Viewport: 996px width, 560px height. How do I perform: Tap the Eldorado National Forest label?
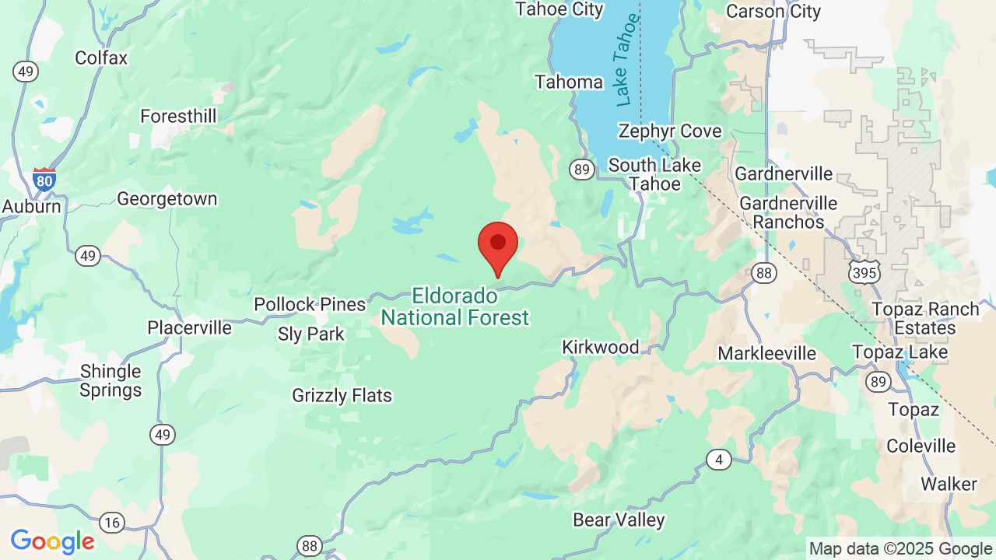[x=455, y=306]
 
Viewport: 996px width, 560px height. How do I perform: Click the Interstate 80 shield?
[x=44, y=180]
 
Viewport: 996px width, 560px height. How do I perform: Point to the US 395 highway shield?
[x=864, y=271]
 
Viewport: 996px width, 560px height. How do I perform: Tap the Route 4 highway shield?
[x=719, y=460]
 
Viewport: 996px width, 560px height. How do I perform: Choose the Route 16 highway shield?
[x=112, y=522]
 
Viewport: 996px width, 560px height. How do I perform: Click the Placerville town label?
[x=190, y=327]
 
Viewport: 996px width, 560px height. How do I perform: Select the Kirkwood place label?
[x=601, y=347]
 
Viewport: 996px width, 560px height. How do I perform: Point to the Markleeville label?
[x=766, y=354]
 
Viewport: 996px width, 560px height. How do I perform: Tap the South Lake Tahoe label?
[x=654, y=175]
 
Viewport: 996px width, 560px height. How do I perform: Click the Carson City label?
[x=773, y=11]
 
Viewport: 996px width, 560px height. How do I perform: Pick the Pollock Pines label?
[x=310, y=304]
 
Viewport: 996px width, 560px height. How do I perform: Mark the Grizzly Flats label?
[x=342, y=395]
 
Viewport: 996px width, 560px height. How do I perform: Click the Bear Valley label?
[x=619, y=520]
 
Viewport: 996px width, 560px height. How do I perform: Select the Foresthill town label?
[x=178, y=116]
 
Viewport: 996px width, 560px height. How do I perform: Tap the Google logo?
[x=52, y=541]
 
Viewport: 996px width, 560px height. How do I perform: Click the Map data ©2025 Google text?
[x=900, y=549]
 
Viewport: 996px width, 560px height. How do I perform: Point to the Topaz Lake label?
[x=900, y=352]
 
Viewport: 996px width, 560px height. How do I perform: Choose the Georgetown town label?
[x=167, y=199]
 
